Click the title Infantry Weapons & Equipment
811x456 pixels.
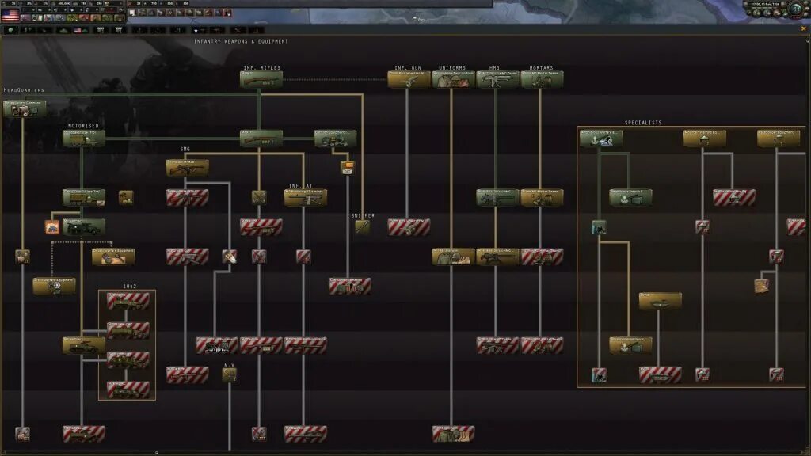(x=242, y=41)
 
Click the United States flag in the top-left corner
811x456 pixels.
(x=10, y=14)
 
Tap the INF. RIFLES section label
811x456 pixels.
(x=261, y=68)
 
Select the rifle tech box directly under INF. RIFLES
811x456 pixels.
(x=261, y=79)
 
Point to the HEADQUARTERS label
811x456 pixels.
(x=24, y=90)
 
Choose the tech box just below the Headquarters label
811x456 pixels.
(x=24, y=108)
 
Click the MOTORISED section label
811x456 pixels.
(x=84, y=126)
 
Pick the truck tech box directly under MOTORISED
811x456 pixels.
(x=84, y=139)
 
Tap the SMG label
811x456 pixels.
(x=185, y=149)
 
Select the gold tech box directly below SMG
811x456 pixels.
(x=188, y=168)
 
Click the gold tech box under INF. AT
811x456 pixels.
(x=306, y=198)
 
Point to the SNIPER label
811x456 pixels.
(x=363, y=215)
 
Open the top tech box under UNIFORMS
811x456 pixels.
(x=454, y=79)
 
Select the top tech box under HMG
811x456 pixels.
(x=498, y=79)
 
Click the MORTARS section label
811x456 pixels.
(x=543, y=68)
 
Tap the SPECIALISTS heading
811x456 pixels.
(x=643, y=123)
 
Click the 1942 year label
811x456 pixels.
(x=129, y=286)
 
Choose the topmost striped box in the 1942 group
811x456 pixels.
(x=128, y=301)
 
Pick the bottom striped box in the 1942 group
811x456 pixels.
(x=128, y=389)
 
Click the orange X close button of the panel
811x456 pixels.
(x=804, y=29)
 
